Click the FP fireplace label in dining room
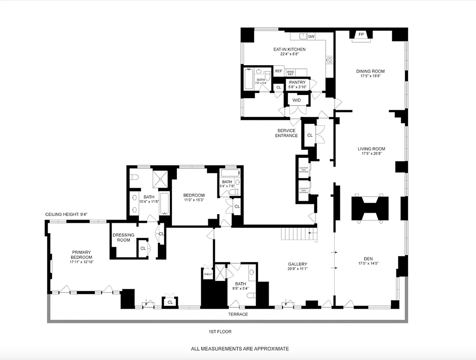(361, 34)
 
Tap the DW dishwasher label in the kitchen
(311, 36)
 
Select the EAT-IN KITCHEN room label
(289, 49)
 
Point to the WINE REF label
(291, 72)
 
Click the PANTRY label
(297, 82)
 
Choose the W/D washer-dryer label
(297, 100)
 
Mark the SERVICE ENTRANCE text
(287, 133)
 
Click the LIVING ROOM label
(371, 149)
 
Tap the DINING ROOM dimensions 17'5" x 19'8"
(370, 76)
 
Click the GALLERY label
(297, 264)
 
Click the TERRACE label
(237, 314)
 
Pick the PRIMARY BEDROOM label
(81, 255)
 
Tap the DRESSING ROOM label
(123, 237)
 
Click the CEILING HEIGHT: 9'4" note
(66, 214)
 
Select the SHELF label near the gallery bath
(207, 274)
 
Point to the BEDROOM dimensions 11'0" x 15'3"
(194, 201)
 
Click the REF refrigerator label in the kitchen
(278, 72)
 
